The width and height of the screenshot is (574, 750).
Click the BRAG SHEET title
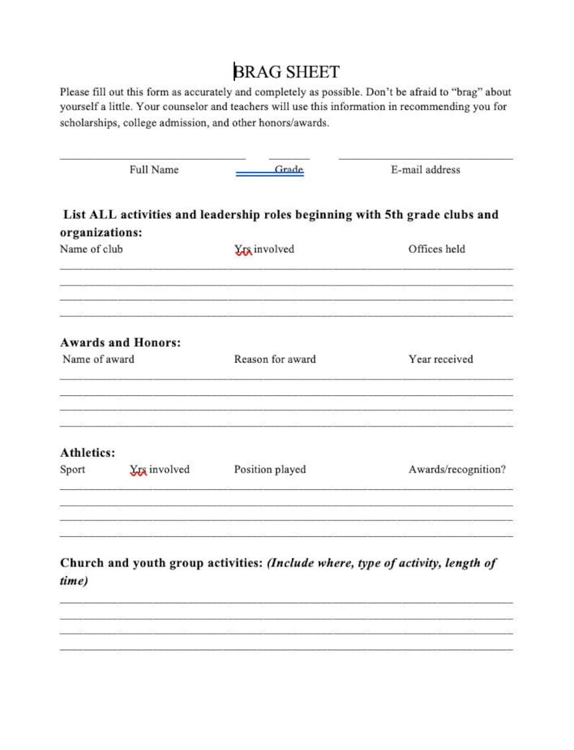pyautogui.click(x=287, y=72)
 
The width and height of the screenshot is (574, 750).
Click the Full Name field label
pyautogui.click(x=154, y=170)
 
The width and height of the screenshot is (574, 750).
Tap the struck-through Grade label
pyautogui.click(x=288, y=170)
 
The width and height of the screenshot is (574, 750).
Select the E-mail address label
pyautogui.click(x=425, y=170)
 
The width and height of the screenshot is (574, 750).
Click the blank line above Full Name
pyautogui.click(x=153, y=158)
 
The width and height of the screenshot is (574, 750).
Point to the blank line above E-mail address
pyautogui.click(x=425, y=158)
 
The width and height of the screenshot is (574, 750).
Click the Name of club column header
pyautogui.click(x=91, y=249)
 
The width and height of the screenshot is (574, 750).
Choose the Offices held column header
pyautogui.click(x=437, y=249)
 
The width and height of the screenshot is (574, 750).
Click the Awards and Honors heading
pyautogui.click(x=120, y=342)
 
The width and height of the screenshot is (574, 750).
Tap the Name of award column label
pyautogui.click(x=98, y=359)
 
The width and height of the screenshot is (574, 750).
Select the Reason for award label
pyautogui.click(x=275, y=359)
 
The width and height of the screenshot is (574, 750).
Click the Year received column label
pyautogui.click(x=440, y=359)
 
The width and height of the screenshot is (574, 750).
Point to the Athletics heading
pyautogui.click(x=87, y=453)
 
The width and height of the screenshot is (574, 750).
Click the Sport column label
pyautogui.click(x=72, y=470)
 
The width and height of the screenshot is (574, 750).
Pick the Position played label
pyautogui.click(x=270, y=470)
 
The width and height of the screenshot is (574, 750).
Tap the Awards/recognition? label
pyautogui.click(x=457, y=470)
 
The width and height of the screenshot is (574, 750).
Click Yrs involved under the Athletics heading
pyautogui.click(x=160, y=470)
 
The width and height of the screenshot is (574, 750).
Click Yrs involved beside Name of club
pyautogui.click(x=264, y=249)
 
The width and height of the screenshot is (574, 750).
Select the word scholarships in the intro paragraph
pyautogui.click(x=88, y=123)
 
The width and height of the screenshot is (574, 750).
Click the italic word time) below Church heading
pyautogui.click(x=74, y=582)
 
